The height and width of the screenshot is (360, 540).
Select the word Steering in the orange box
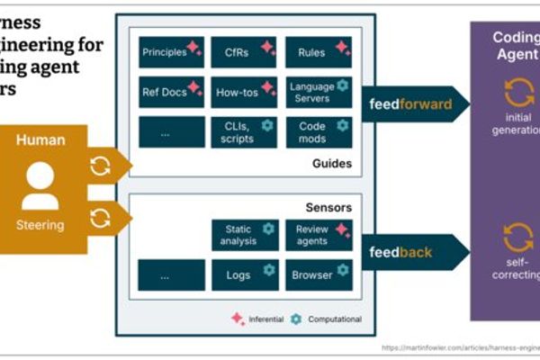pos(39,226)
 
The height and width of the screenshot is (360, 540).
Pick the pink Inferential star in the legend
pos(238,319)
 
